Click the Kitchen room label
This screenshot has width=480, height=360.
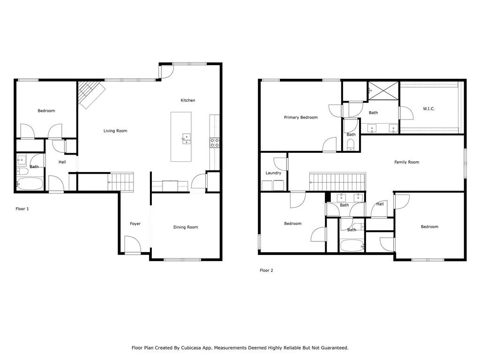pos(188,100)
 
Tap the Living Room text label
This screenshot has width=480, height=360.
pos(115,131)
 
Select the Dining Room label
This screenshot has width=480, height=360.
pos(186,227)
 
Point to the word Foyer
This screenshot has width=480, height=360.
pos(135,224)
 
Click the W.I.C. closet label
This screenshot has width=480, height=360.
pos(429,109)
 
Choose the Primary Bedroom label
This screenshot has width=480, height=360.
pos(300,118)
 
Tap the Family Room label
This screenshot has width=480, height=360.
pos(406,162)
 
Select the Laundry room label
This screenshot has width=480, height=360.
pos(273,173)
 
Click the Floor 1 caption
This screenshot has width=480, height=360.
pos(22,209)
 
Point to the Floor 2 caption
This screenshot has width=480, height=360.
pos(266,270)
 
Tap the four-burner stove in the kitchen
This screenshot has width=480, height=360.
pos(215,143)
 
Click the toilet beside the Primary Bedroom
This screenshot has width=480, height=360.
pos(351,144)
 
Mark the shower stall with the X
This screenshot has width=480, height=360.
pos(383,90)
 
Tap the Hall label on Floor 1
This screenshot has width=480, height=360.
pos(62,162)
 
